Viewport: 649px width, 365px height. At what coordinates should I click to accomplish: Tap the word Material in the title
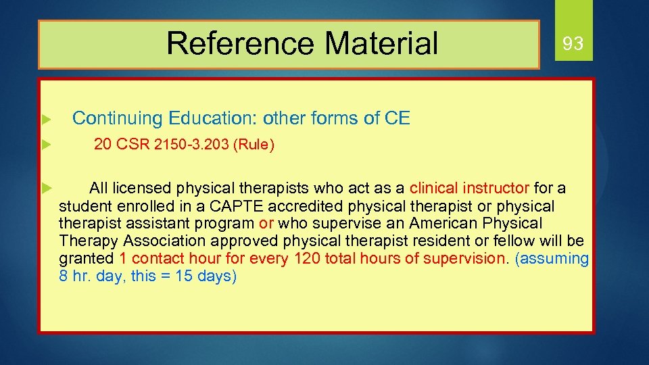(381, 43)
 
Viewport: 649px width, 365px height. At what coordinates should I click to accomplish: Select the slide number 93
(573, 44)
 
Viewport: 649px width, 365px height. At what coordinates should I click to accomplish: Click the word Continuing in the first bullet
(118, 118)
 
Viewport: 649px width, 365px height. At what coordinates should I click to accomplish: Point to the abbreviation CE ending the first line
(397, 118)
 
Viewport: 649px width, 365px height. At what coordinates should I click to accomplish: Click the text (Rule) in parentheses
(253, 145)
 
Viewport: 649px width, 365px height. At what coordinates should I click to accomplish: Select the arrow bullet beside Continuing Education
(44, 120)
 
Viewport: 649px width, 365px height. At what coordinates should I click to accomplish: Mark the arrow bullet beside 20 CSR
(44, 145)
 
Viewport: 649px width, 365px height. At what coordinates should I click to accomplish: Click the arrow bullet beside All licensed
(44, 187)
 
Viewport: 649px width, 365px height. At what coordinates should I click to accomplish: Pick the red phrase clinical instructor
(470, 188)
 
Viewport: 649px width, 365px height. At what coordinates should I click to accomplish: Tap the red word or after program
(266, 223)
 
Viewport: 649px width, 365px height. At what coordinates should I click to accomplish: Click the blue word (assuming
(551, 258)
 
